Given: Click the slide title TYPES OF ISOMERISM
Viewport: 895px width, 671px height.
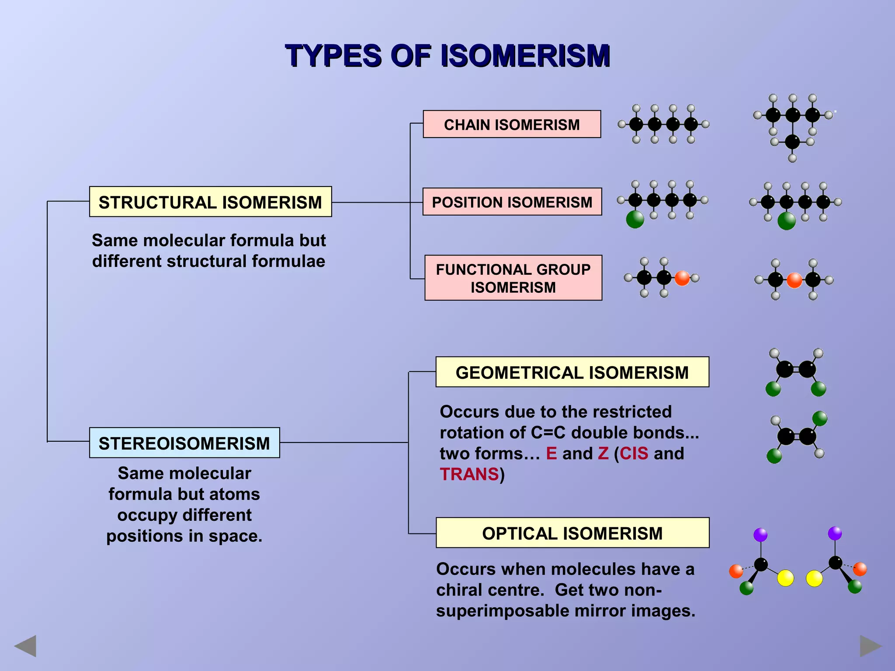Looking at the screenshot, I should point(447,56).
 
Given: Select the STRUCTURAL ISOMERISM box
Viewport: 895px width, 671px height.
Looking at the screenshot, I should point(210,202).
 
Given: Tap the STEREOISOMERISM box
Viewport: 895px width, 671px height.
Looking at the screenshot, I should point(184,443).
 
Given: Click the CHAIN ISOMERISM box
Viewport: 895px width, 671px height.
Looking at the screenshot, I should point(512,125).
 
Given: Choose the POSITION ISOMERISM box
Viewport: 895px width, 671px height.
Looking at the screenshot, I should point(512,202).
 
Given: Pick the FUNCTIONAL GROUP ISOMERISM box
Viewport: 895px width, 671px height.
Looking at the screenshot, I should point(513,278).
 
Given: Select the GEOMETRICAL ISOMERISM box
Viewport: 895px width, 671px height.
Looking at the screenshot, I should point(572,372).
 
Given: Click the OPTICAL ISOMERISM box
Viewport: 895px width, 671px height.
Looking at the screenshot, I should point(572,533).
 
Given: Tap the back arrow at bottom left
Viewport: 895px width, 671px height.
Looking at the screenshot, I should point(25,646).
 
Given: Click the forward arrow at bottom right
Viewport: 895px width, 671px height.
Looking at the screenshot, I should point(870,646).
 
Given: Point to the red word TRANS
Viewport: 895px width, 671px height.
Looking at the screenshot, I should point(469,474).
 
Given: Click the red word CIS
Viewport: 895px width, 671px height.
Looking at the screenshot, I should point(634,453).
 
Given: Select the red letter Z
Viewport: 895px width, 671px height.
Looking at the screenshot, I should point(603,453).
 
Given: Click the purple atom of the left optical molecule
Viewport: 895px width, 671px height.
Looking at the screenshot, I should point(760,535).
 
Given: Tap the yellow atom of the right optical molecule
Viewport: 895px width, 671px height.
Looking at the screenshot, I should point(814,578).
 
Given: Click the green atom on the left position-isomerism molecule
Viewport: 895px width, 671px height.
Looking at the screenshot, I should point(635,219).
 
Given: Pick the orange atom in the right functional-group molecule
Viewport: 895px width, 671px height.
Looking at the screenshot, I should point(794,280).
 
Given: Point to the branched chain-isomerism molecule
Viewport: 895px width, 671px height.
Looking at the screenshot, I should point(793,127).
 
